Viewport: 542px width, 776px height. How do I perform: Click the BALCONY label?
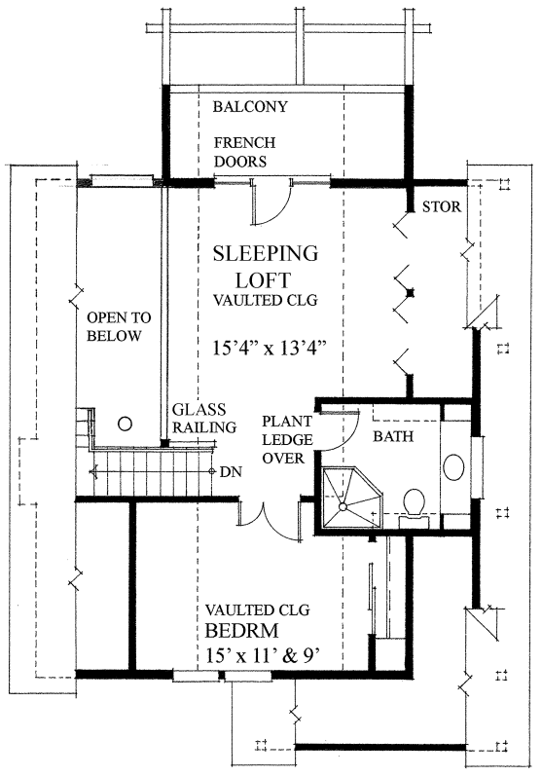click(250, 106)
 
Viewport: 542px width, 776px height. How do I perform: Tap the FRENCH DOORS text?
click(245, 152)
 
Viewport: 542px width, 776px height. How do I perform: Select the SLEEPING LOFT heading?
click(266, 267)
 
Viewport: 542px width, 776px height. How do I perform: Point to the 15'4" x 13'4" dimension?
click(271, 348)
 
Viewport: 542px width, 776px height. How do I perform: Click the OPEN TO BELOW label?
click(119, 326)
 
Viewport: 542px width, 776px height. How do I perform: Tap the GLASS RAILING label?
click(203, 419)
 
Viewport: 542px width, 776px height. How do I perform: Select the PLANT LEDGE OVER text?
click(287, 440)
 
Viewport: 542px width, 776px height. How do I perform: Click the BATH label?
click(393, 436)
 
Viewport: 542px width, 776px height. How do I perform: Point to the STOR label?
click(441, 206)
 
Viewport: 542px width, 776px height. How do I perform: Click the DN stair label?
click(231, 472)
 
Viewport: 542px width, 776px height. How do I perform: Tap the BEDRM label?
click(242, 631)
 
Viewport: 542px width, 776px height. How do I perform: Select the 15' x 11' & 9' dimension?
click(260, 655)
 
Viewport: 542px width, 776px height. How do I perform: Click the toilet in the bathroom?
click(414, 504)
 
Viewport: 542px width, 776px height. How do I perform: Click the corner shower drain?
click(343, 506)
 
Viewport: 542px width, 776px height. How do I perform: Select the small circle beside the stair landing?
click(126, 424)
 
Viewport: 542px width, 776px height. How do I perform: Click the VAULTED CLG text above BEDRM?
click(258, 610)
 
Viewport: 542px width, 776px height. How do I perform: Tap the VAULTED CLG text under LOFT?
click(265, 300)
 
